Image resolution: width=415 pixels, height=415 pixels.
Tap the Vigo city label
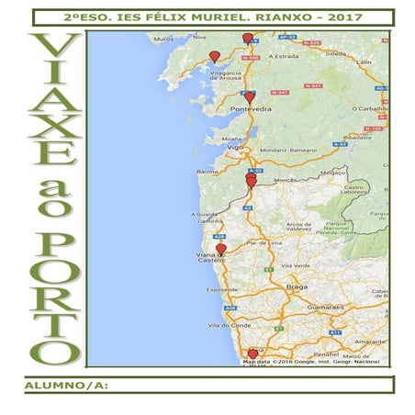[x=237, y=147]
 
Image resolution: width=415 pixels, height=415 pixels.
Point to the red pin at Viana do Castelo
[x=221, y=248]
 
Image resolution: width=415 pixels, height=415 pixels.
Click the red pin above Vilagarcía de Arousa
[x=215, y=57]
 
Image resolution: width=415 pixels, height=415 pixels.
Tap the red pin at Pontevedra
[x=250, y=96]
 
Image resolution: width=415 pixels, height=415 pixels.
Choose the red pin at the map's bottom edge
[x=253, y=353]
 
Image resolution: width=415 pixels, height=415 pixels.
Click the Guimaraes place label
[x=326, y=306]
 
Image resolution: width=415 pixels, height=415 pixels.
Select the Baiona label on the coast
[x=207, y=171]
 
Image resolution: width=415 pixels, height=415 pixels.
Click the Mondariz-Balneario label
[x=288, y=149]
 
